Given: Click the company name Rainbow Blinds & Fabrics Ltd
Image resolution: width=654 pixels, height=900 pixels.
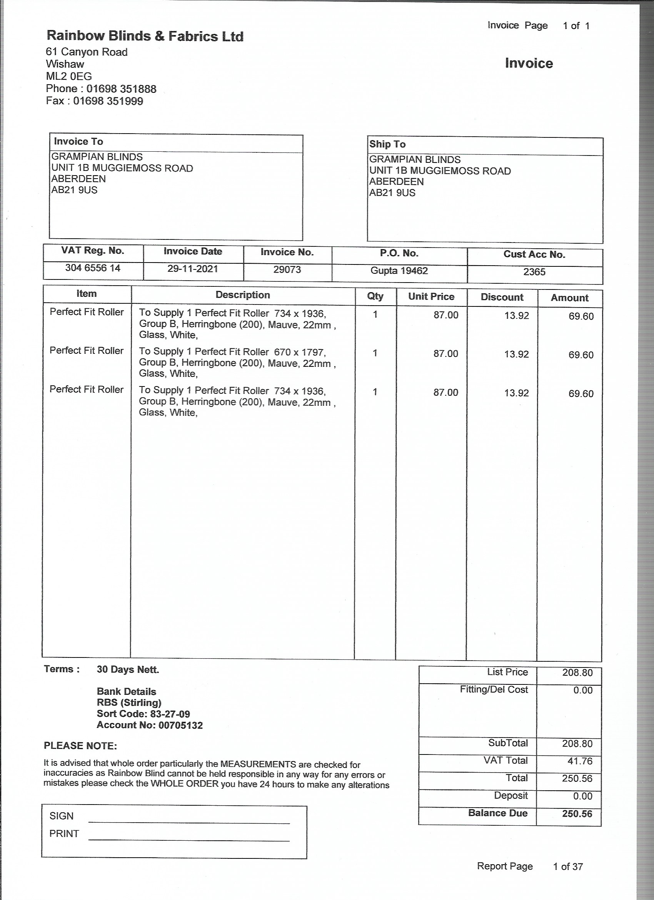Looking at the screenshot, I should pos(145,36).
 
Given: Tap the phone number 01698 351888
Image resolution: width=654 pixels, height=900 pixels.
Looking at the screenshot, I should pos(121,89).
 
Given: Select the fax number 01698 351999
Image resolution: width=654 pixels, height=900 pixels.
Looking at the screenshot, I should pos(108,101).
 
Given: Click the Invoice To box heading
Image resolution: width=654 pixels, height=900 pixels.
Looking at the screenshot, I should pos(78,142).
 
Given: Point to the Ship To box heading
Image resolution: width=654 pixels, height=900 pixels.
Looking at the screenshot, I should pos(387,144).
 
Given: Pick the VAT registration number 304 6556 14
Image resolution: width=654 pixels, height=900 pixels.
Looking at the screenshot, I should pos(93,268).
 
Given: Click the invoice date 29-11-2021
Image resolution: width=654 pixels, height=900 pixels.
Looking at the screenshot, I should pos(193,269).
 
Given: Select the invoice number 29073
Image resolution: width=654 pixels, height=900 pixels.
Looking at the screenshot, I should pos(287,270).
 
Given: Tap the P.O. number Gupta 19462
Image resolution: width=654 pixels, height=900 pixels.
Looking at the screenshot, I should pos(399,271).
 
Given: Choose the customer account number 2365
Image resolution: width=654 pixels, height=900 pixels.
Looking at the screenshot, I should pos(534,272).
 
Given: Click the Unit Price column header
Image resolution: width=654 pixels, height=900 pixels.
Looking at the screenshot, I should pos(431,297).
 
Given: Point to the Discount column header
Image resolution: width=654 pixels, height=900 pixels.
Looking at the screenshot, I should pos(502,297).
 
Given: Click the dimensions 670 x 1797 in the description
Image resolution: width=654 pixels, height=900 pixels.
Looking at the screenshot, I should pos(300,352).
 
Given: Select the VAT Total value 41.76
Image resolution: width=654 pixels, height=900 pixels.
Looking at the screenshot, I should pos(577,761).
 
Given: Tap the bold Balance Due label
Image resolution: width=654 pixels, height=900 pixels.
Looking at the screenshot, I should pos(497,813).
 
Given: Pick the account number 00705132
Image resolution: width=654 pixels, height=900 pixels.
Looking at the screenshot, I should pos(180,725).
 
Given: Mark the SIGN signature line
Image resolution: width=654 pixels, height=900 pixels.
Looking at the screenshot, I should pos(189,823).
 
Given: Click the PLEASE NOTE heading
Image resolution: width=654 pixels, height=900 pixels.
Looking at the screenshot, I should pos(80,746).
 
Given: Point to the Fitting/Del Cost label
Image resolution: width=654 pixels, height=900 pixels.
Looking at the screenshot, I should pos(494,690).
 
